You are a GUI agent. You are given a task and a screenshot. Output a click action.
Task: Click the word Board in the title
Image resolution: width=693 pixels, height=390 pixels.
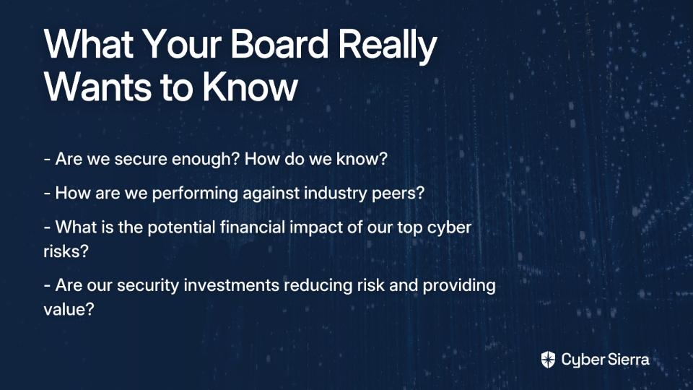(279, 44)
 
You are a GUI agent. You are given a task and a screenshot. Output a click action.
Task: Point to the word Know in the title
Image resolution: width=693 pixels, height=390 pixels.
(250, 86)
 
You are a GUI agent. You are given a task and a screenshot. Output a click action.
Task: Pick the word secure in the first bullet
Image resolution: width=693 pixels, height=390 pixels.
(141, 159)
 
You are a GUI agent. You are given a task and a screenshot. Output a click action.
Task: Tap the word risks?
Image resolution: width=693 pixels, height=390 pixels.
(66, 251)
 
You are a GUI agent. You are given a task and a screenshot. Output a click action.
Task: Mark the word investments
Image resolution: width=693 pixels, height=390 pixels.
(231, 286)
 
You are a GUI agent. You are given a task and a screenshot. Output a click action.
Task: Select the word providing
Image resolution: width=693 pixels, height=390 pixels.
(459, 286)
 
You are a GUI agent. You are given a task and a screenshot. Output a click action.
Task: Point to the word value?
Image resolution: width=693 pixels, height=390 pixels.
(69, 309)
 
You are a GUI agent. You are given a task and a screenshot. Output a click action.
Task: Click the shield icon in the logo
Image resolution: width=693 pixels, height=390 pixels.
(548, 360)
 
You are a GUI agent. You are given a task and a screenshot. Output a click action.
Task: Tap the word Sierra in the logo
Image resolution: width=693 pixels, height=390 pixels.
(627, 360)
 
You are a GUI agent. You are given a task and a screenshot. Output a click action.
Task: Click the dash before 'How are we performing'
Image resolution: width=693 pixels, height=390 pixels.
(47, 194)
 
